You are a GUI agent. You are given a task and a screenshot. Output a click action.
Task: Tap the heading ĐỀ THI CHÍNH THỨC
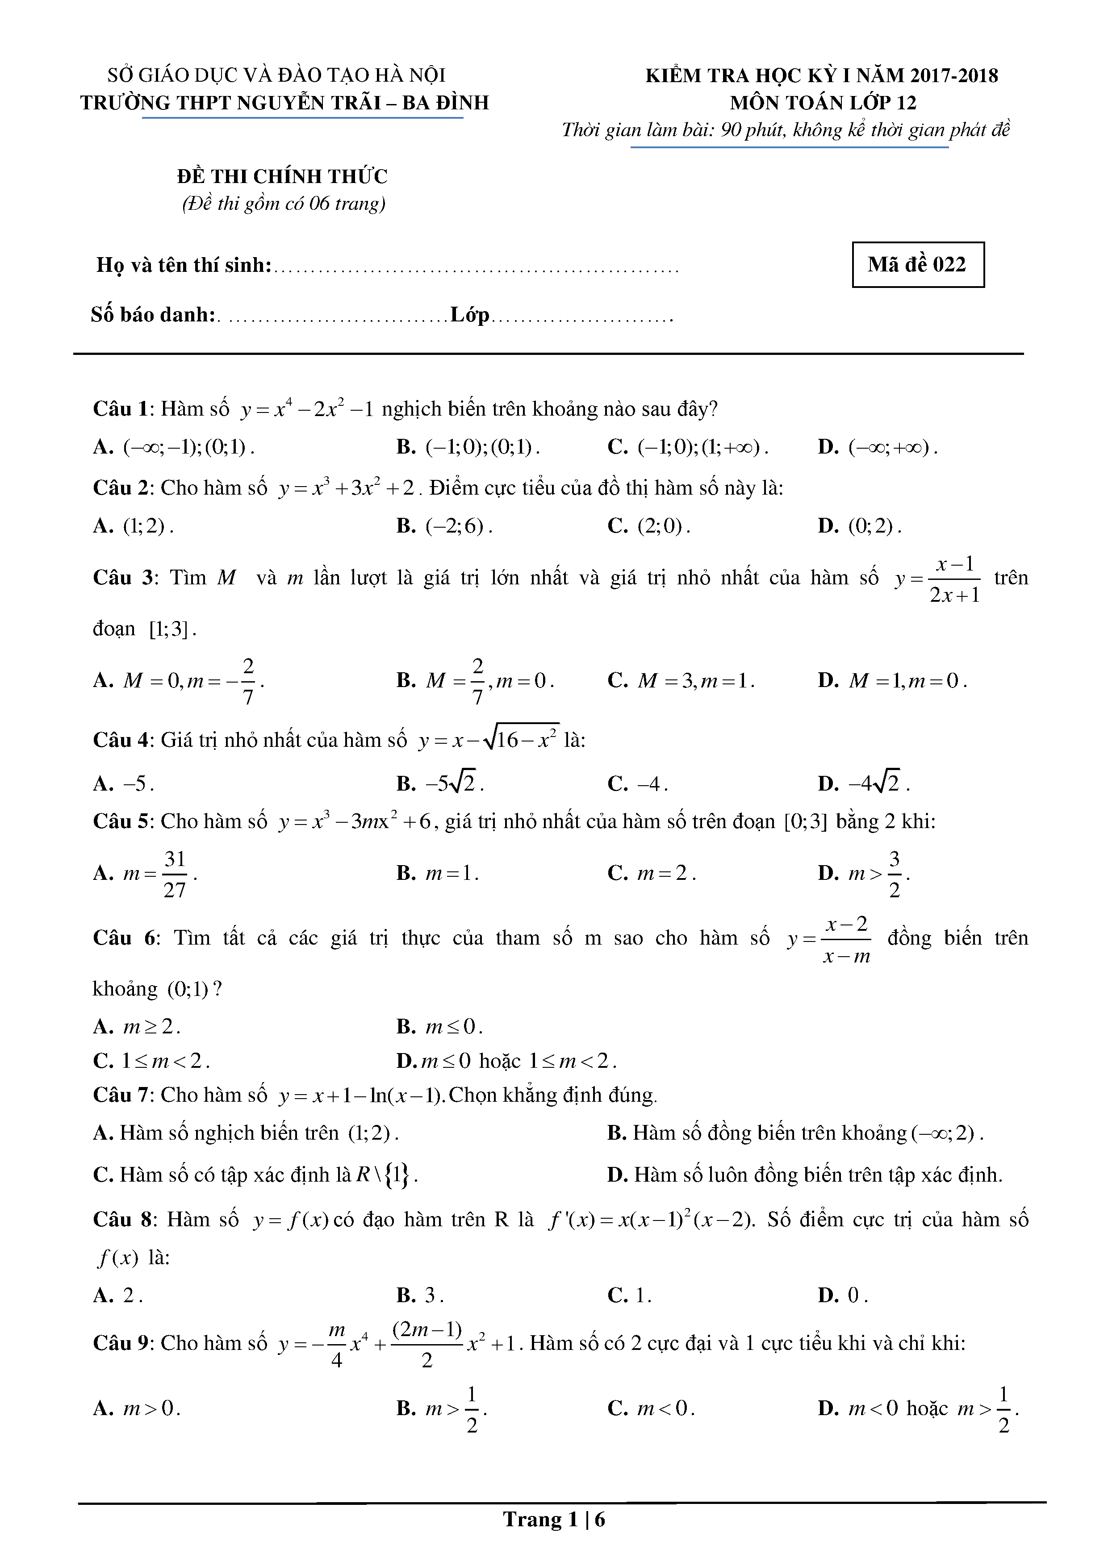[x=282, y=177]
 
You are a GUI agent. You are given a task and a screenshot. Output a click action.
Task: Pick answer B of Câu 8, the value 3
[x=420, y=1295]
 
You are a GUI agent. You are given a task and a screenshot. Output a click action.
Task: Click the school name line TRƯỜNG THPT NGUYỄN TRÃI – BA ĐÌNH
[x=284, y=103]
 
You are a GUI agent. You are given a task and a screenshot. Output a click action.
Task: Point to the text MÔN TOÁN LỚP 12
[x=823, y=103]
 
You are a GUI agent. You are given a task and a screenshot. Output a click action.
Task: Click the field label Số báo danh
[x=154, y=315]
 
